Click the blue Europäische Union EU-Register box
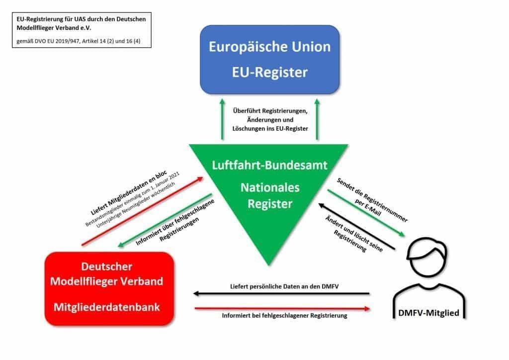(x=269, y=59)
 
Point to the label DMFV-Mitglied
(x=428, y=313)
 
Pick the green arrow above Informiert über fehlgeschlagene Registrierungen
(x=164, y=221)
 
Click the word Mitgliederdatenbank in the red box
(x=107, y=307)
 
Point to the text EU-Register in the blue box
(x=270, y=73)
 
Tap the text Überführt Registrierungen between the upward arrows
(x=269, y=111)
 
